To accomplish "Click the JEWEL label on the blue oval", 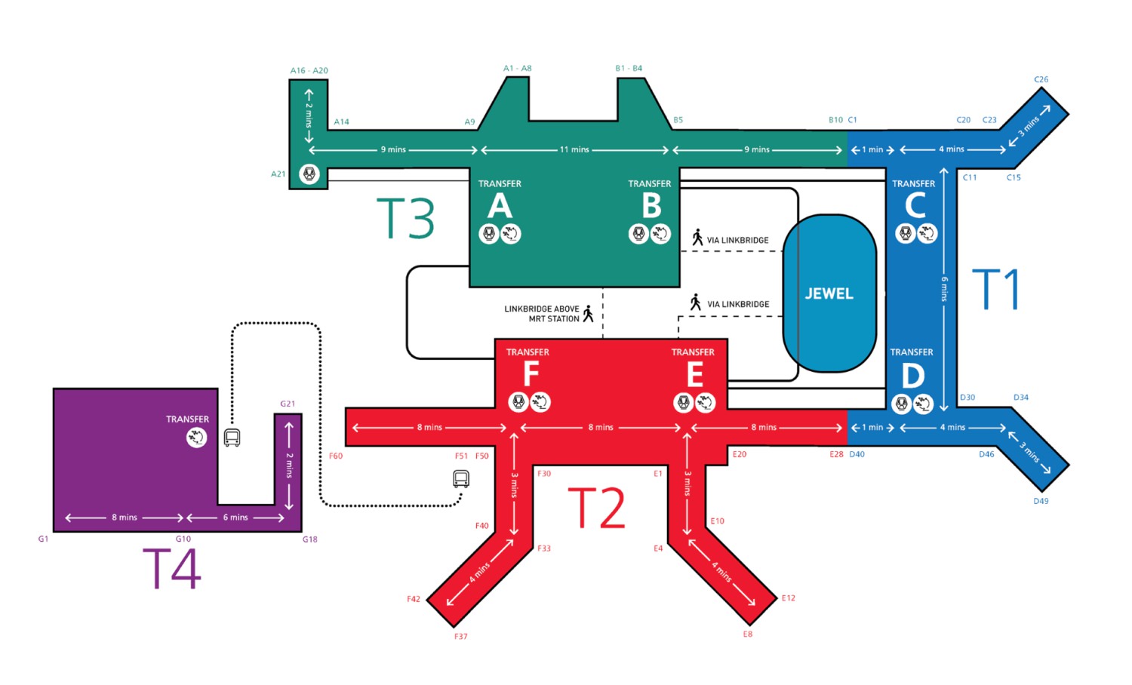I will tap(829, 293).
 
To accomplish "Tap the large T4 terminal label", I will tap(172, 569).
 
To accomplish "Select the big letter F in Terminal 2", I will tap(531, 373).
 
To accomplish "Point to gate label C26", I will tap(1041, 79).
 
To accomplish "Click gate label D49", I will tap(1041, 501).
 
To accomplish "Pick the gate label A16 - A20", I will tap(309, 71).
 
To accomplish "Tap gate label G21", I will tap(288, 404).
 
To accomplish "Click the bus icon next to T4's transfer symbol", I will tap(232, 438).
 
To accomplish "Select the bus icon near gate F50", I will tap(461, 478).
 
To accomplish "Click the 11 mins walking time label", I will tap(574, 149).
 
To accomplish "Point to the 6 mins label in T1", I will tap(944, 289).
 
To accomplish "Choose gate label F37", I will tap(460, 637).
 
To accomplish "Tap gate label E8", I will tap(747, 634).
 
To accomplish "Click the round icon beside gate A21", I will tap(309, 174).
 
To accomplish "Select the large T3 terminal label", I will tap(405, 219).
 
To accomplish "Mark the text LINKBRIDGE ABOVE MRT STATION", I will tap(542, 314).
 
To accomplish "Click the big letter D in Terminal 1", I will tap(913, 375).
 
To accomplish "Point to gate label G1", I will tap(43, 539).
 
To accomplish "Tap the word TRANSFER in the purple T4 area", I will tap(187, 419).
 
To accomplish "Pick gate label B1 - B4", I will tap(629, 69).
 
